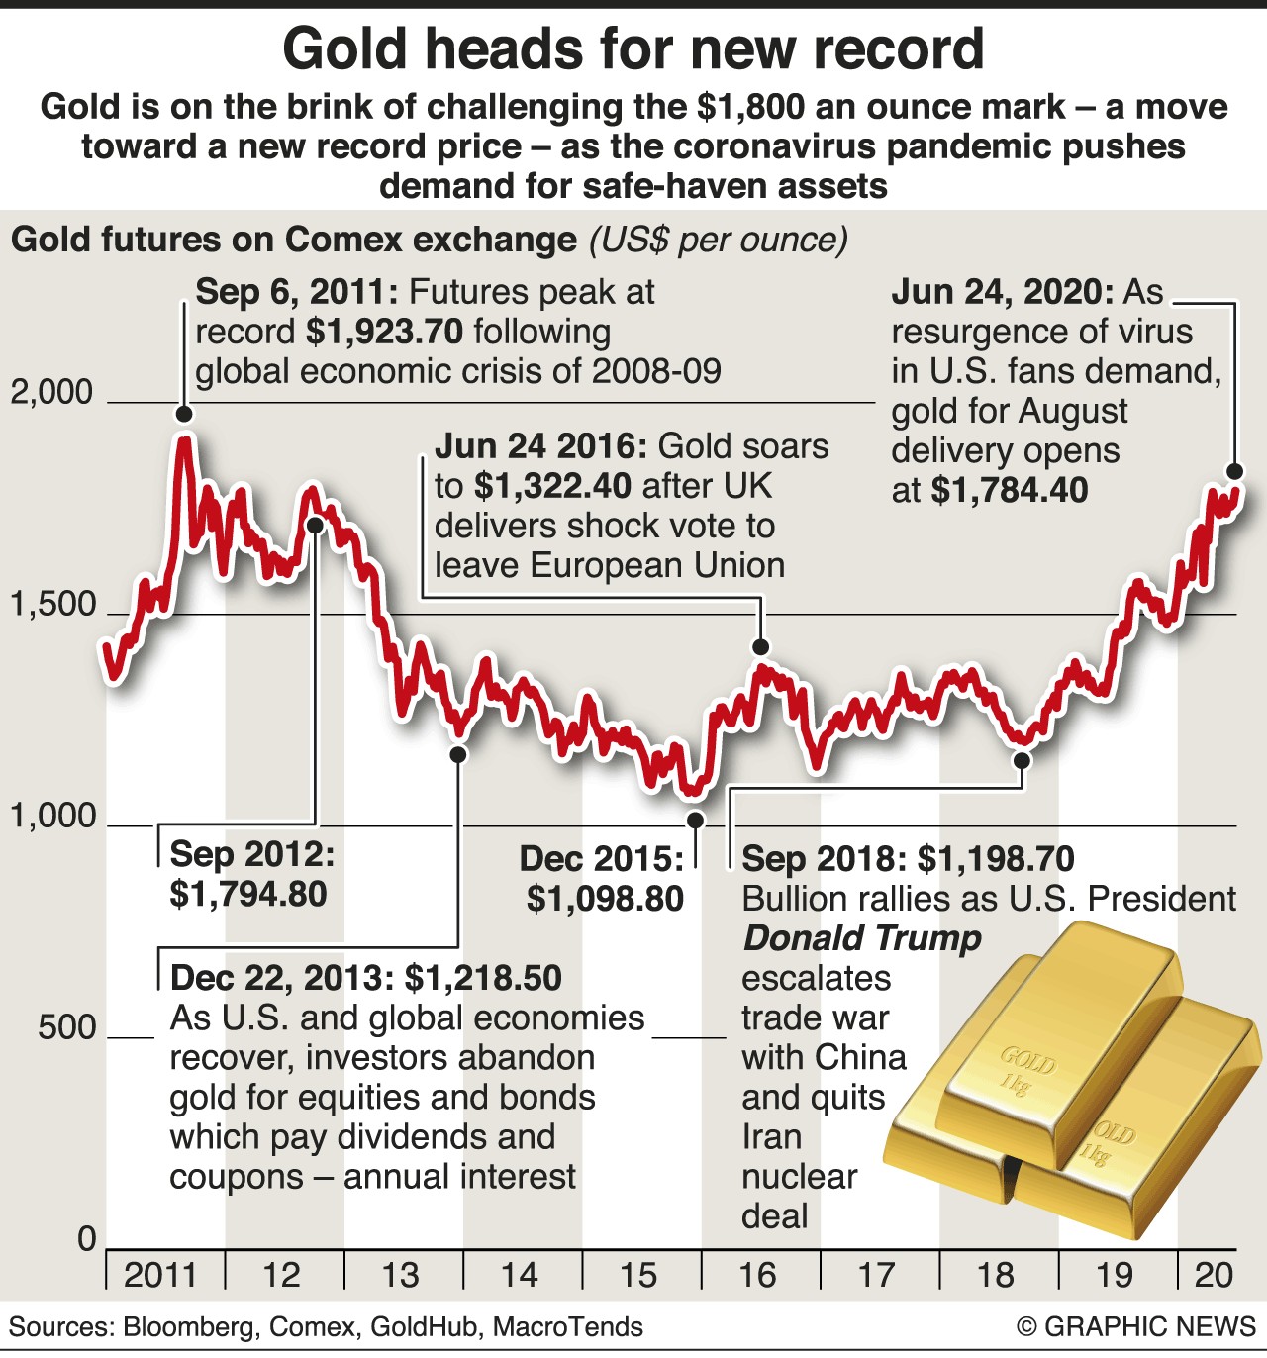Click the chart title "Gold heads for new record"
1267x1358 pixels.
633,49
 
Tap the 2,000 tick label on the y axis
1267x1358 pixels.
51,393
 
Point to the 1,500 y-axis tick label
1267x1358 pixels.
51,604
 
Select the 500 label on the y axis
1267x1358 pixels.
67,1027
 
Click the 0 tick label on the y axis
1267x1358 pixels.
87,1239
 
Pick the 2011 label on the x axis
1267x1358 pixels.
161,1275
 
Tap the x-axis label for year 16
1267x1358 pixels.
758,1275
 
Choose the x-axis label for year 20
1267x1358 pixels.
1214,1275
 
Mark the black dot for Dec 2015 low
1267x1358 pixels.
695,820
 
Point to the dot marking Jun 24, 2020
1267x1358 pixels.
1234,471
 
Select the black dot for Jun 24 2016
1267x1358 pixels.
760,647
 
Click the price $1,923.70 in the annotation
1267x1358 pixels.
385,332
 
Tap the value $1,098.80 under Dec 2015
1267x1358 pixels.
605,899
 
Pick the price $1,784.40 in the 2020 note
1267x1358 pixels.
1010,490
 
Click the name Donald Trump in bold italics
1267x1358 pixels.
862,938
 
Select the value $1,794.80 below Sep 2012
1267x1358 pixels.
248,894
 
